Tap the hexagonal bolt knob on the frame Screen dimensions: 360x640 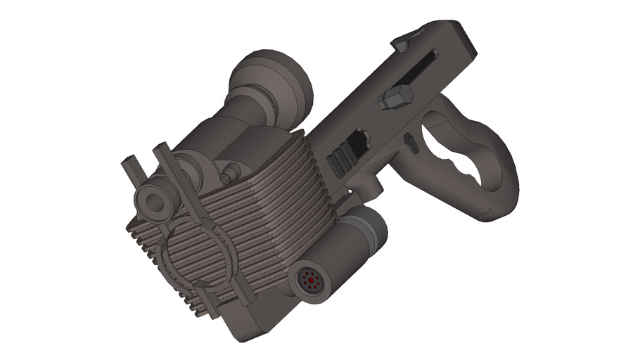pos(395,98)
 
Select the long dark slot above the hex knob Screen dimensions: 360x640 pos(421,66)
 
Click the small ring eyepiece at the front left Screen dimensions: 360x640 pos(154,202)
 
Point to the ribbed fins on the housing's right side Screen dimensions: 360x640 pos(281,211)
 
